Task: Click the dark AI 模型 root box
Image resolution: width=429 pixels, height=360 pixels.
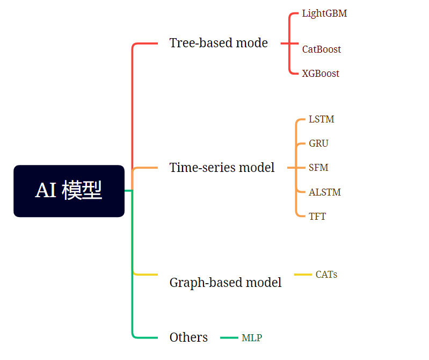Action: (x=69, y=191)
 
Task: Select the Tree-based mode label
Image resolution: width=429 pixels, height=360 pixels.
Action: (x=218, y=43)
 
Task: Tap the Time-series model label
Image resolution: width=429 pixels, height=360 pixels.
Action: (x=222, y=168)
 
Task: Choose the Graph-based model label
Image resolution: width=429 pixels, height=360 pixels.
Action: (x=225, y=282)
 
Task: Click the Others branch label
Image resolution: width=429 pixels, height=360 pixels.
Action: (x=188, y=337)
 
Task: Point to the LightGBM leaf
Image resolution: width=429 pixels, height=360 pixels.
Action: (x=324, y=13)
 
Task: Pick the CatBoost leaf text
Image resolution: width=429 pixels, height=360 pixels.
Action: (x=321, y=49)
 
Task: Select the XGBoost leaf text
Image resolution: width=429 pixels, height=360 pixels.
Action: (x=321, y=74)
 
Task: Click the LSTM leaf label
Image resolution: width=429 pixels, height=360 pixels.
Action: (x=321, y=119)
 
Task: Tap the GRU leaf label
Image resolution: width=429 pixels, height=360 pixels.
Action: (x=318, y=143)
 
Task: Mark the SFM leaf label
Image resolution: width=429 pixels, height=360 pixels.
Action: (x=318, y=168)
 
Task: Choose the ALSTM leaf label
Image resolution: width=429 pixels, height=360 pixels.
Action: (x=324, y=192)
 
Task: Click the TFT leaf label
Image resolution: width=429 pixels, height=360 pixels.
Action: (x=317, y=217)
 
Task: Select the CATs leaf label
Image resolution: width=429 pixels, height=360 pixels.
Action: (x=326, y=275)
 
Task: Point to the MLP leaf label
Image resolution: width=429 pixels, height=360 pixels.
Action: (x=252, y=338)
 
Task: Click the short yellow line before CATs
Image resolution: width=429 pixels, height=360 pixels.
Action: (x=303, y=275)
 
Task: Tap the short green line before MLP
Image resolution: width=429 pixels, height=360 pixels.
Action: (x=229, y=338)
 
